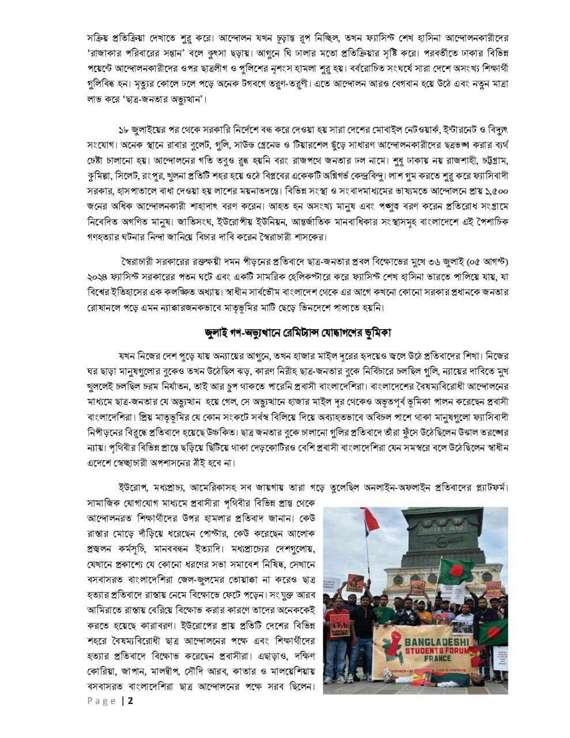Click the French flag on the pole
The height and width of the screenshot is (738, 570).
[369, 521]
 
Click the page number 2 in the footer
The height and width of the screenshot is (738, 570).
[131, 701]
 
